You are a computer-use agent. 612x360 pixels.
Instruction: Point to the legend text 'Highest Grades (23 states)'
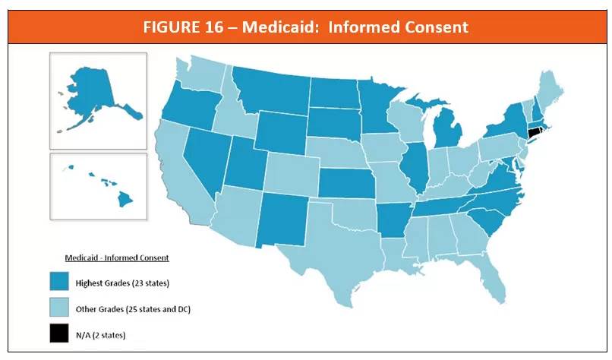(x=121, y=283)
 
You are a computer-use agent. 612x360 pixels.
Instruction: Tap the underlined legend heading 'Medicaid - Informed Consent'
(x=117, y=258)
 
